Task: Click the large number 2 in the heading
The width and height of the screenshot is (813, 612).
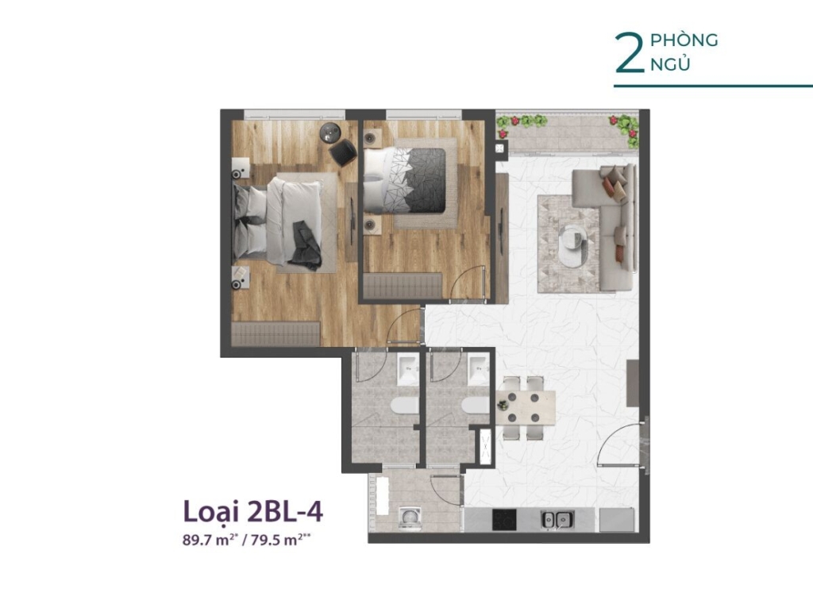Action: pyautogui.click(x=630, y=53)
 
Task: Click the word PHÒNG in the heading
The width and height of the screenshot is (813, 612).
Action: pyautogui.click(x=684, y=40)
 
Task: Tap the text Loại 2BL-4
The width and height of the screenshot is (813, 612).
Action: pyautogui.click(x=253, y=512)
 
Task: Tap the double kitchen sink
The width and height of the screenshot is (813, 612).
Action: pyautogui.click(x=557, y=519)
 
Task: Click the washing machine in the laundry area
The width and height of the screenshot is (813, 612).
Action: pyautogui.click(x=410, y=518)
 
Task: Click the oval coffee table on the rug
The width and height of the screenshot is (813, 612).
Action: pyautogui.click(x=575, y=242)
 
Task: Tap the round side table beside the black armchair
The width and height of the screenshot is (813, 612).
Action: pyautogui.click(x=329, y=133)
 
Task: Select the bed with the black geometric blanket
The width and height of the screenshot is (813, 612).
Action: pyautogui.click(x=404, y=180)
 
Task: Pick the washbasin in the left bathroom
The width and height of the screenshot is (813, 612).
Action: pyautogui.click(x=407, y=369)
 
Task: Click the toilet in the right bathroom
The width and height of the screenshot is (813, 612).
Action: pyautogui.click(x=476, y=406)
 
